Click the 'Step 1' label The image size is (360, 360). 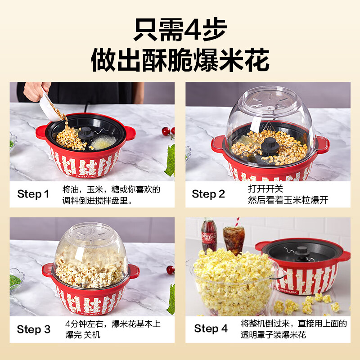click(x=33, y=194)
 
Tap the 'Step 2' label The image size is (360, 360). click(x=208, y=194)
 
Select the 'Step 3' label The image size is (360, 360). click(x=33, y=329)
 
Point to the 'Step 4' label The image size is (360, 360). click(x=211, y=328)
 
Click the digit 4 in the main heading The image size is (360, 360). click(x=193, y=29)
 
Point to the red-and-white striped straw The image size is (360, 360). click(x=237, y=222)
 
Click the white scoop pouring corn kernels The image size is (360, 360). click(x=49, y=107)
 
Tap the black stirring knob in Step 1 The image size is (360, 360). click(x=86, y=133)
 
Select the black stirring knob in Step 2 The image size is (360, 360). click(x=270, y=146)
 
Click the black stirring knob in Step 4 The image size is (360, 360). click(x=301, y=252)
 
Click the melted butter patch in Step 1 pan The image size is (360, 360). click(x=103, y=142)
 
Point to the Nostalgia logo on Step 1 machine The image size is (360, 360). click(x=85, y=176)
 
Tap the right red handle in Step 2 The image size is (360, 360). click(x=323, y=144)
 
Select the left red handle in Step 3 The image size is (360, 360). click(x=48, y=270)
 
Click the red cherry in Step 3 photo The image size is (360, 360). click(x=171, y=270)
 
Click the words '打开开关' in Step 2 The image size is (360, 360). click(x=265, y=189)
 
